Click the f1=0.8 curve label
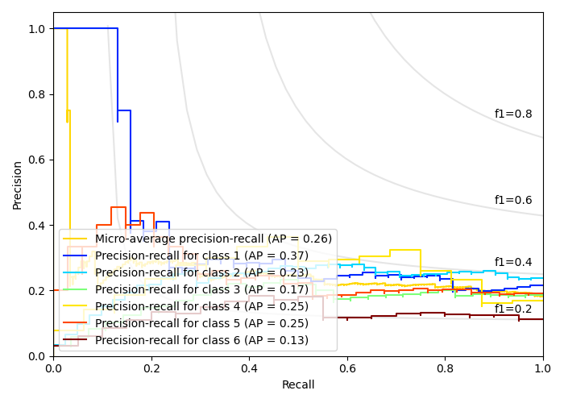(x=512, y=114)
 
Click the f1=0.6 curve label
(x=512, y=201)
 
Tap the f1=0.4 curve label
(x=512, y=263)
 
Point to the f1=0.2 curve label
(x=512, y=309)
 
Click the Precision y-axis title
(x=18, y=185)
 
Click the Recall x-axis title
(x=298, y=385)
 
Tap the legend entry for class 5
(x=201, y=323)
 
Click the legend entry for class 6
(x=201, y=340)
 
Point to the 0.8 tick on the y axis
(x=36, y=94)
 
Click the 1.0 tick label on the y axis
(x=36, y=29)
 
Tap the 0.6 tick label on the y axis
(x=36, y=160)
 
